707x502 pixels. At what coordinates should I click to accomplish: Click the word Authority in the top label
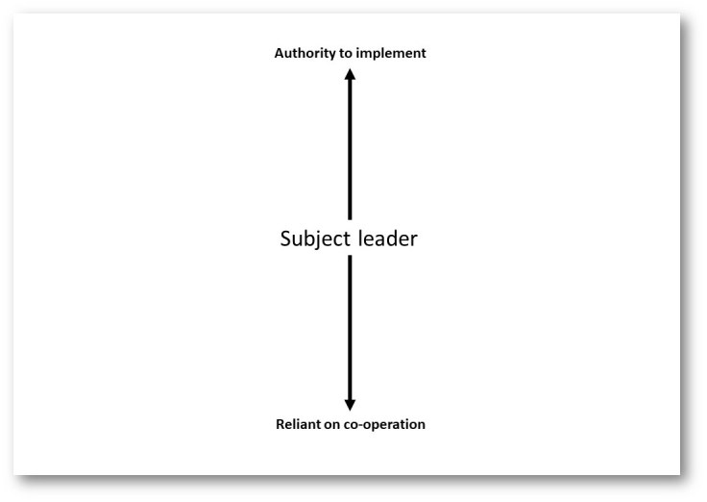pos(304,54)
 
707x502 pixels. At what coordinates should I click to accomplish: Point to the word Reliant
pos(298,424)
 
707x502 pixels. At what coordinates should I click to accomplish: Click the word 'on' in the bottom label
pos(331,424)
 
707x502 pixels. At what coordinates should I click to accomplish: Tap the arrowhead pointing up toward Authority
pos(350,75)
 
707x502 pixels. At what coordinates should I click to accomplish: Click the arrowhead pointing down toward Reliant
pos(350,404)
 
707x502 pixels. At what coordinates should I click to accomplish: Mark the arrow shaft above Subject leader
pos(350,149)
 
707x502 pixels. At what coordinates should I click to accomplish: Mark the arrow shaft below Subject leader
pos(350,327)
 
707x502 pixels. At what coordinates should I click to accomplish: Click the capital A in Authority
pos(279,54)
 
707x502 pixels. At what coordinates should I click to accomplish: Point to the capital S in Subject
pos(284,239)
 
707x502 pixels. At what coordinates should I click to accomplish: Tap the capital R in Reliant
pos(278,424)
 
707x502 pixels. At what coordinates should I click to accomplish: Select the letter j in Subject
pos(319,240)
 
